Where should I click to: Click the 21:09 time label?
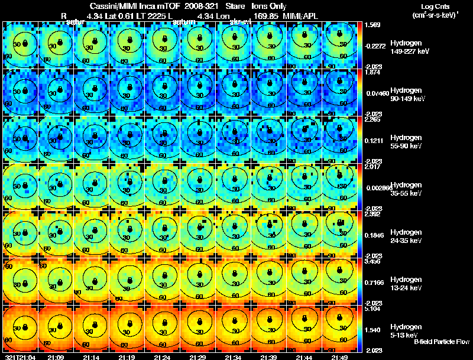point(56,357)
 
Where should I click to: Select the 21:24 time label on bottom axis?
point(162,357)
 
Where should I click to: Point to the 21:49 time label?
point(339,357)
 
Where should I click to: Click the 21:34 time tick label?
point(233,357)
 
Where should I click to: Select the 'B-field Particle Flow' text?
point(441,342)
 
